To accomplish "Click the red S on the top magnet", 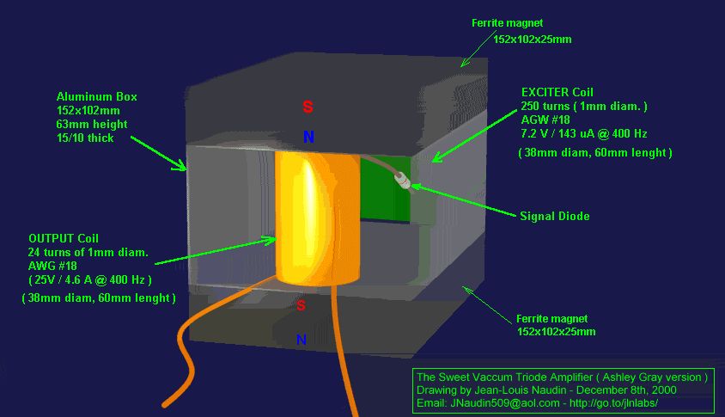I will pos(308,107).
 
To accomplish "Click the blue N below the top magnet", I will pos(308,137).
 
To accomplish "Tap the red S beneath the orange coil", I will pos(302,305).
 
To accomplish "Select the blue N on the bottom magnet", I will pos(302,340).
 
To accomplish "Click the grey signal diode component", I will pos(402,181).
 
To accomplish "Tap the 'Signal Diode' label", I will pos(555,216).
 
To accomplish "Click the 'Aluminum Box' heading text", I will pos(97,97).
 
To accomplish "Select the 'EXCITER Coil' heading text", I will pos(557,92).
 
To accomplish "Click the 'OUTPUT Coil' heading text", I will pos(64,238).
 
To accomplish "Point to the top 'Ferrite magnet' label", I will pos(508,22).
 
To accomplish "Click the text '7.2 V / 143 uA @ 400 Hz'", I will pos(584,133).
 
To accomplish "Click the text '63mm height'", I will pos(92,125).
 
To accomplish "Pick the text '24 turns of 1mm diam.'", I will pos(88,252).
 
